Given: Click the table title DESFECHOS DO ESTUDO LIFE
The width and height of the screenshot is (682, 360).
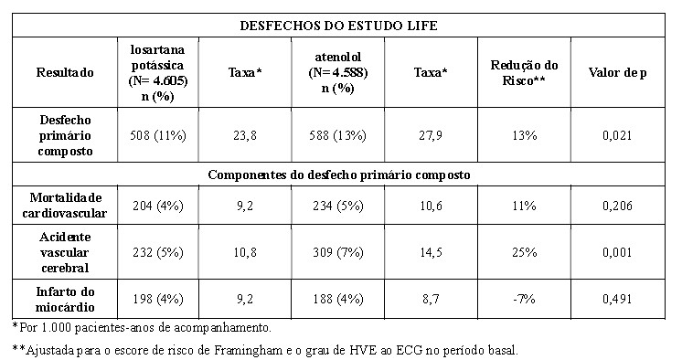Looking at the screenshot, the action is (338, 26).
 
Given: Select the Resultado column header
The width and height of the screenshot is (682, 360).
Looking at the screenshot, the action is (65, 72).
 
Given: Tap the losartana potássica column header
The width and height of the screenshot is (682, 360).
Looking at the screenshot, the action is (158, 72).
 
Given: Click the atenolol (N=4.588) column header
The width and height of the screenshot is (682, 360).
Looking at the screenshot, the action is (338, 72).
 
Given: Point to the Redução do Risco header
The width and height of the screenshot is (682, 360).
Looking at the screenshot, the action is (524, 72).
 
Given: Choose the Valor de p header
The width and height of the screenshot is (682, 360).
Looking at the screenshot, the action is (618, 72).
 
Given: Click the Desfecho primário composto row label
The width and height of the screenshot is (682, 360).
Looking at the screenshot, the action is (65, 135).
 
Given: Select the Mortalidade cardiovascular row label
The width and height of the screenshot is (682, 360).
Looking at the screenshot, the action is (65, 206).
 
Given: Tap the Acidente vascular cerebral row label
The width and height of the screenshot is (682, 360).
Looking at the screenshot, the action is (65, 252).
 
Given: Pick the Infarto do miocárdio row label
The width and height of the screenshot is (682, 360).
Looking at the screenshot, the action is (65, 299).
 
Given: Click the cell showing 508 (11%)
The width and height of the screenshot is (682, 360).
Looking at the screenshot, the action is (158, 135).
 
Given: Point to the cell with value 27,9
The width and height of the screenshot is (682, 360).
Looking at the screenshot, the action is (431, 135).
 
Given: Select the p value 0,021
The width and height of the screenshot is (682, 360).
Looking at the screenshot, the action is (617, 135).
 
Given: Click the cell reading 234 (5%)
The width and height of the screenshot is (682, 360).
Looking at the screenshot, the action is (338, 206).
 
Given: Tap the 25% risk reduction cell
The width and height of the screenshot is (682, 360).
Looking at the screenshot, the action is (524, 252).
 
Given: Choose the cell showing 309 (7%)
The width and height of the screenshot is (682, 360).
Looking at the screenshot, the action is (338, 252).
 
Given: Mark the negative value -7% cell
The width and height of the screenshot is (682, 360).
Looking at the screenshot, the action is (524, 299).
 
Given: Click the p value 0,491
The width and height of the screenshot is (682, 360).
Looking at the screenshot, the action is (617, 299).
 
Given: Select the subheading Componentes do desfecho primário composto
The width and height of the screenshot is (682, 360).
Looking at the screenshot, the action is (339, 175).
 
